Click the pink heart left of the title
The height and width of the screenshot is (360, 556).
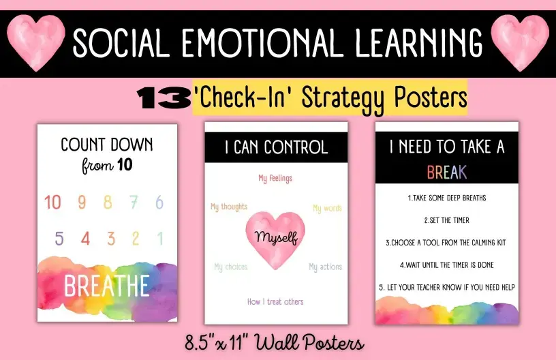[x=36, y=42]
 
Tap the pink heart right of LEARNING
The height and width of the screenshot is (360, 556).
[x=520, y=42]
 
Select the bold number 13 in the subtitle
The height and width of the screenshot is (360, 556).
[x=164, y=98]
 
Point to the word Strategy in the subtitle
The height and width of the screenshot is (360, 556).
[x=343, y=99]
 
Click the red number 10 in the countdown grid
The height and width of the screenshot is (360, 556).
[x=53, y=202]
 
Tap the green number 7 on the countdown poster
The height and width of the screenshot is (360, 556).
[x=134, y=202]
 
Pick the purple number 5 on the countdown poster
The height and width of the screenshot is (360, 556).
[x=59, y=239]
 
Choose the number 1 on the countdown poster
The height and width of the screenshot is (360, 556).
[x=160, y=239]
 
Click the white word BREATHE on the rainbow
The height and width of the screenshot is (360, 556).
[x=107, y=286]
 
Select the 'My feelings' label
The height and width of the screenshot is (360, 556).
[x=275, y=178]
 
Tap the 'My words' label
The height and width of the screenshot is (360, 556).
[x=327, y=208]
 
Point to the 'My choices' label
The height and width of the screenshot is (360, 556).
[x=231, y=267]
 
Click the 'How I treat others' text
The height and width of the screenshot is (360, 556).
[x=275, y=301]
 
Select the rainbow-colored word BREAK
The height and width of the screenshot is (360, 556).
[x=447, y=172]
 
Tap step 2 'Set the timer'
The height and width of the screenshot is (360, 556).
[x=447, y=220]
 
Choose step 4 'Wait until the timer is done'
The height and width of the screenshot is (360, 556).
[x=447, y=265]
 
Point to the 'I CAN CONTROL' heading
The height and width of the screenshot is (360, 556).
[x=277, y=147]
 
